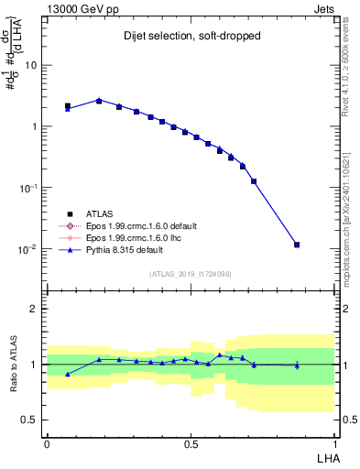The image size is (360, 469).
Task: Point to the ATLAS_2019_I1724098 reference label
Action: [x=190, y=274]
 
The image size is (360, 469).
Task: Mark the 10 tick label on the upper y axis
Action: [x=31, y=65]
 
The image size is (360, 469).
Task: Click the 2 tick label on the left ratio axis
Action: [x=34, y=309]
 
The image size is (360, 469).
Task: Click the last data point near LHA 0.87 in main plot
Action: [x=297, y=245]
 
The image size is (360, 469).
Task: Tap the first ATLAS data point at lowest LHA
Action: [x=68, y=106]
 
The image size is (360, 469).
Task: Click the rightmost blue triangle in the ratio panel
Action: [x=297, y=365]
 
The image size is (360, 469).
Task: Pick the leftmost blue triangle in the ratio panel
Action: [x=68, y=374]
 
